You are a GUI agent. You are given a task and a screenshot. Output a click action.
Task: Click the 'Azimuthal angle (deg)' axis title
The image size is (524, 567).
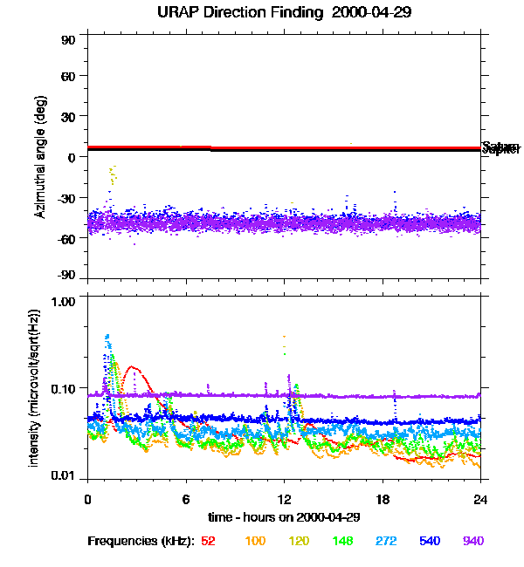click(x=40, y=156)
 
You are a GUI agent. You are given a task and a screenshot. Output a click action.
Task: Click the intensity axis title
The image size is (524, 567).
click(x=35, y=388)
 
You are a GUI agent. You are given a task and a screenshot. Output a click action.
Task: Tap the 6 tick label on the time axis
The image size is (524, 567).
click(x=185, y=500)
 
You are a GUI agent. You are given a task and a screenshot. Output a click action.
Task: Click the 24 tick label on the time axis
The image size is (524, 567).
click(x=481, y=500)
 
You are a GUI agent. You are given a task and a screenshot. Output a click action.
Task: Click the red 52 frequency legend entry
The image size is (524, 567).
click(x=208, y=541)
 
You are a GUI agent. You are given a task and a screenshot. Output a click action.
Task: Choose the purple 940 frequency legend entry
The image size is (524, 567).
click(x=472, y=541)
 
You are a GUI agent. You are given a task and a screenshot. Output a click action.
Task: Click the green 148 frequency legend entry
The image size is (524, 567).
click(x=342, y=541)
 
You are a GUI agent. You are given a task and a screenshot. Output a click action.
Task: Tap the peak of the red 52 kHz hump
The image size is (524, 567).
click(x=131, y=367)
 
